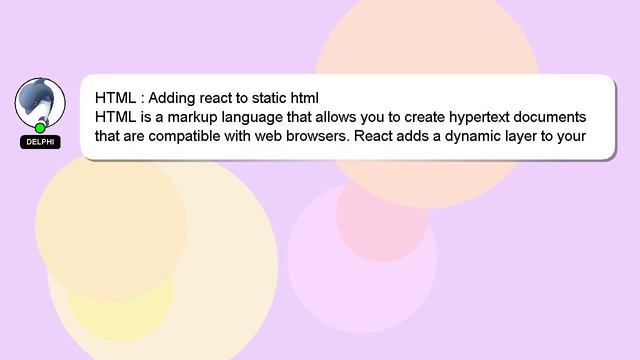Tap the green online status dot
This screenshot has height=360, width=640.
pos(40,128)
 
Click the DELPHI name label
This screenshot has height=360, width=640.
pos(40,142)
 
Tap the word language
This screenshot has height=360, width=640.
pos(250,117)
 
